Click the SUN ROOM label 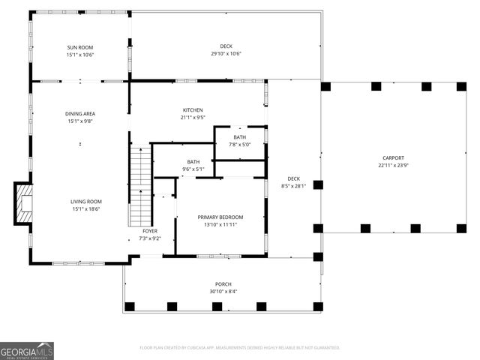click(80, 47)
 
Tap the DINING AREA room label click(80, 114)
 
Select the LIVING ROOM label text click(86, 202)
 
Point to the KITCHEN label click(193, 110)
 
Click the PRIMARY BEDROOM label click(220, 217)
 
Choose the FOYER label click(150, 231)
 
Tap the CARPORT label click(394, 157)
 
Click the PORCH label click(223, 284)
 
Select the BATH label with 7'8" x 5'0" click(239, 137)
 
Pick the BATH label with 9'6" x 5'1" click(193, 161)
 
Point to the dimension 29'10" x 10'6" click(226, 54)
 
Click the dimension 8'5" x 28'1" click(293, 186)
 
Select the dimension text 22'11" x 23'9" click(394, 165)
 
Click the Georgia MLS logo click(27, 350)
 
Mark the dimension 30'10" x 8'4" click(223, 292)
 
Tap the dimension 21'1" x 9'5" click(193, 118)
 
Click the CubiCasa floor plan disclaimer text click(240, 348)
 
